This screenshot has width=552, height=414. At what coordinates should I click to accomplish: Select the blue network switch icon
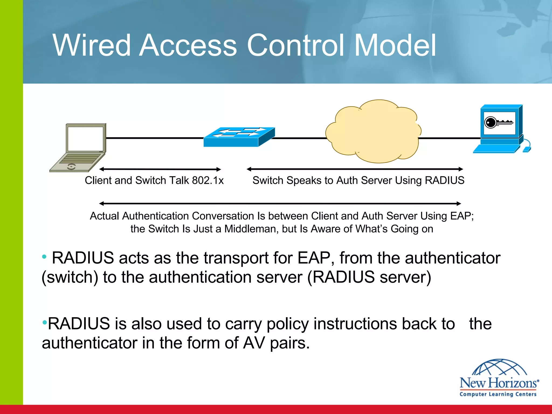point(239,137)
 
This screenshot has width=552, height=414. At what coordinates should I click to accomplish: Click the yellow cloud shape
point(373,132)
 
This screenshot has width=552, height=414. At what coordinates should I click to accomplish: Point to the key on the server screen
point(499,123)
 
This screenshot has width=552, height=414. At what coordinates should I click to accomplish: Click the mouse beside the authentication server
point(527,149)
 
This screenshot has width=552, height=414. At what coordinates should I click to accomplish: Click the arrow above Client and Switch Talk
point(160,169)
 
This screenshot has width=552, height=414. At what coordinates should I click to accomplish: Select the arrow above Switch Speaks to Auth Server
point(355,169)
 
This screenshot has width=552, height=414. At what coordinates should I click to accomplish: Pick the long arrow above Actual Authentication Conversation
point(280,203)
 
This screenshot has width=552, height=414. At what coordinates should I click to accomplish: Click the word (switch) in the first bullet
point(70,277)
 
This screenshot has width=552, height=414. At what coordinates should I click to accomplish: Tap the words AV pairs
point(276,343)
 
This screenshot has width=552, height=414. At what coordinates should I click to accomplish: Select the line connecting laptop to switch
point(155,138)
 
